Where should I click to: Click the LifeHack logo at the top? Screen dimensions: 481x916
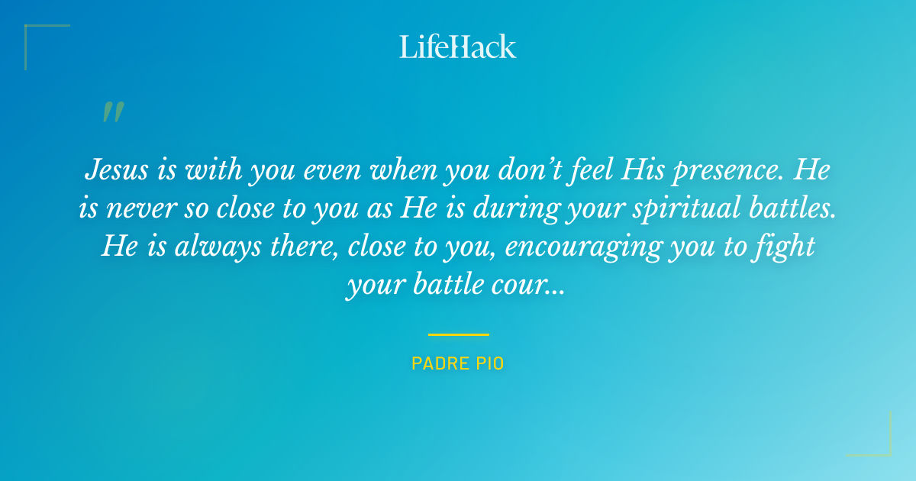coord(458,47)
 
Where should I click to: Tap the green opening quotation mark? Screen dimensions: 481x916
coord(112,112)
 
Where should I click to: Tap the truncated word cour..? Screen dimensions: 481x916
coord(527,286)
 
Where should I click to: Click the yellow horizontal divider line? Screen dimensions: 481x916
coord(458,334)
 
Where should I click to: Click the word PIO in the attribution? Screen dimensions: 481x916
coord(491,364)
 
